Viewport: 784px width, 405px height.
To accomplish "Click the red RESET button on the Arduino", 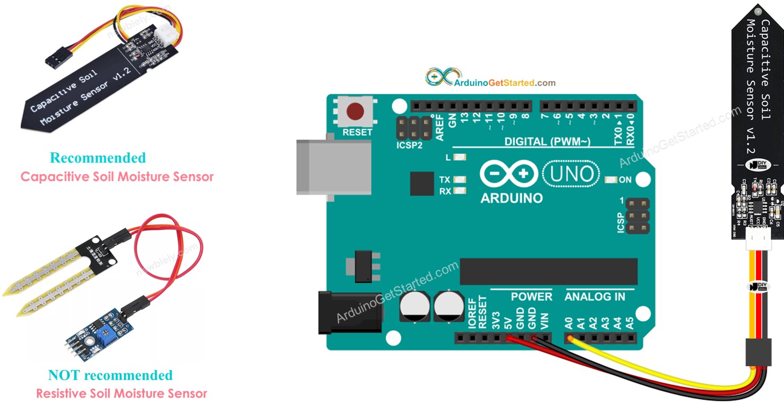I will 355,112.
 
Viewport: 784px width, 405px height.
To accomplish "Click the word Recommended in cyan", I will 98,158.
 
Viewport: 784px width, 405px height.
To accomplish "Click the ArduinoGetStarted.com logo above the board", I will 490,79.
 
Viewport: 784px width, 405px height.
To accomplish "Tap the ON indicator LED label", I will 625,180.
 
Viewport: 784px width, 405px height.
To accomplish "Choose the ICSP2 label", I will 409,145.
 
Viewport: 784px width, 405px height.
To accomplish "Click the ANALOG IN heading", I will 595,297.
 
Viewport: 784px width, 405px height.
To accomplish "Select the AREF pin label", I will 440,128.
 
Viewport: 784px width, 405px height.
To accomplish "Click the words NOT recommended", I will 110,375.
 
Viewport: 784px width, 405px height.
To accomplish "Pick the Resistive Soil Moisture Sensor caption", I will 121,393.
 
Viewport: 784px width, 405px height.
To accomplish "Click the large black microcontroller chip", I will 548,271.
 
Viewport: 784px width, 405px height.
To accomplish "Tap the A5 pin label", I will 630,323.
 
